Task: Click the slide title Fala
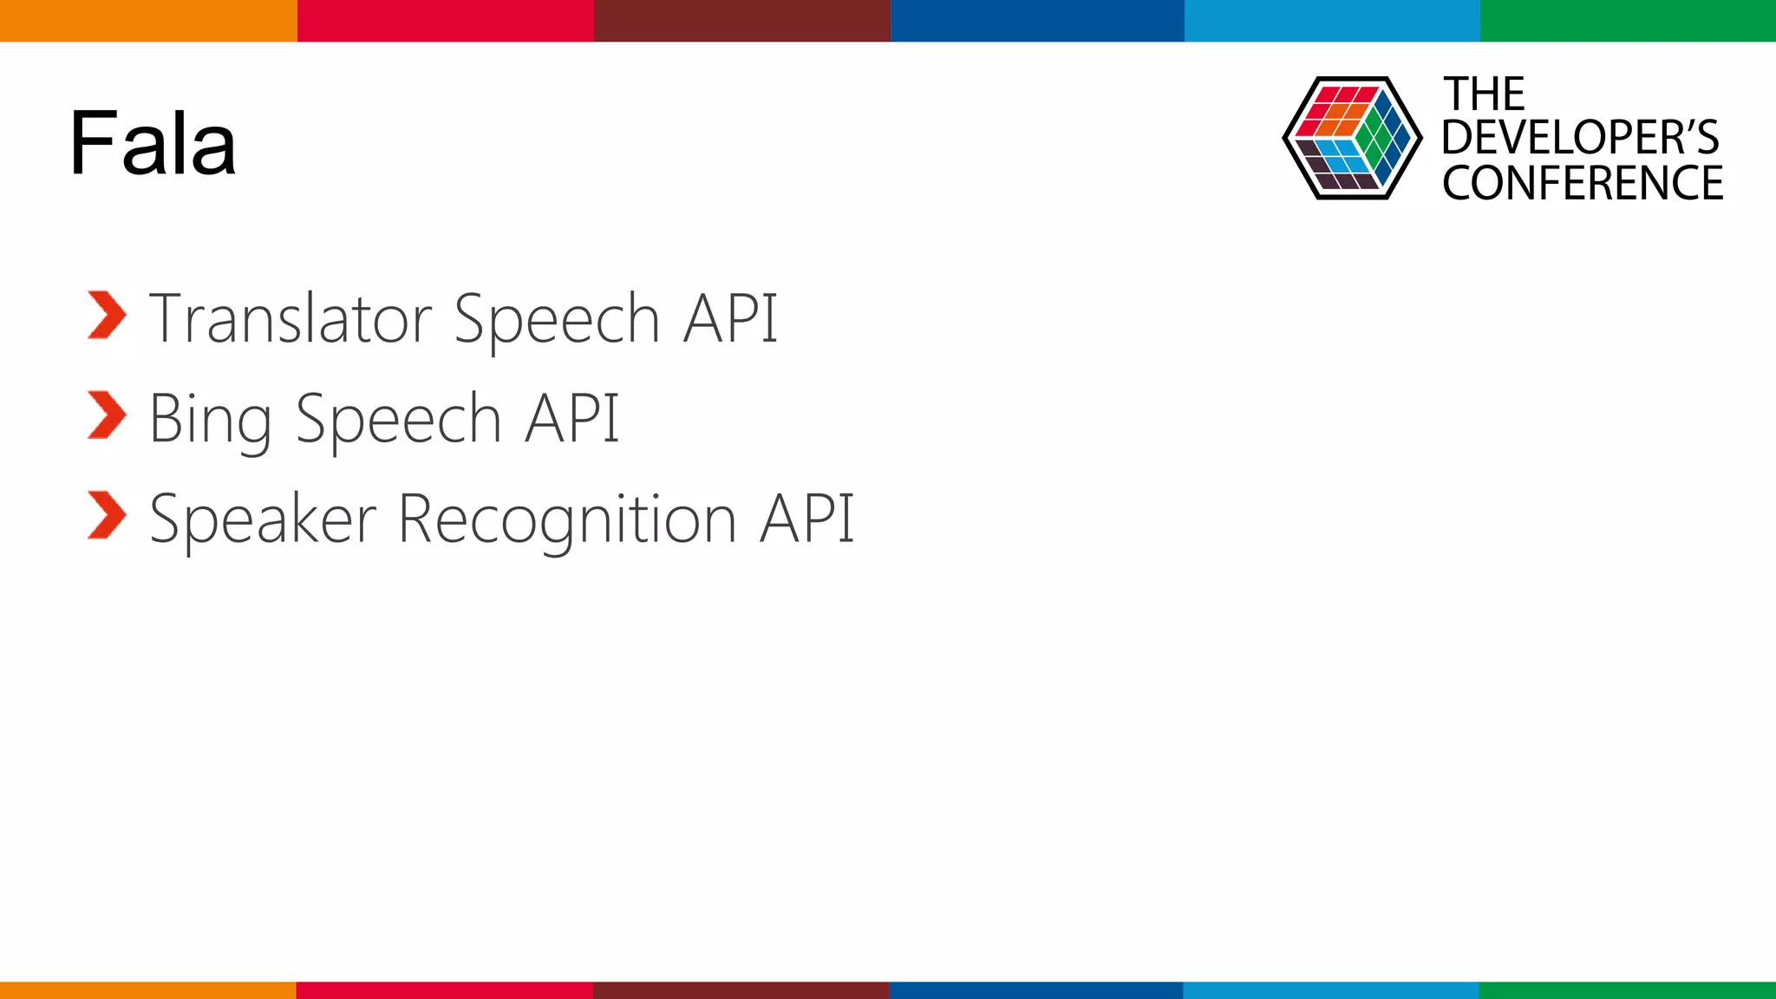(153, 143)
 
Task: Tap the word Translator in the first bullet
(291, 319)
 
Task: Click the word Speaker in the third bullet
(263, 519)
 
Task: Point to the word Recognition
(567, 519)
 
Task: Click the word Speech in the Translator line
(558, 319)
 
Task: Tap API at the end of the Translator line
(730, 319)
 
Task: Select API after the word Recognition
(806, 519)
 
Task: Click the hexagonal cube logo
(1352, 139)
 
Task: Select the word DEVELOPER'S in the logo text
(1580, 138)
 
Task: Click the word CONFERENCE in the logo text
(1583, 184)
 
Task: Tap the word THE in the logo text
(1484, 94)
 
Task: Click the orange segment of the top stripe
(148, 20)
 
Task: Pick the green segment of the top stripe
(1628, 20)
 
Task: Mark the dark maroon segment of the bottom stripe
(741, 989)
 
